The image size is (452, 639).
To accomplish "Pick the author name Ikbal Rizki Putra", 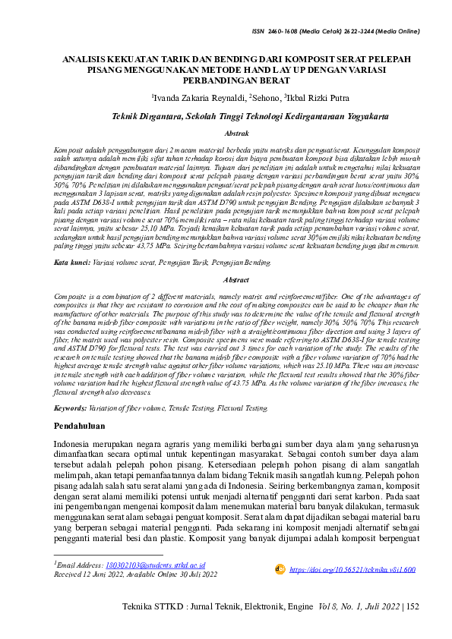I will click(319, 98).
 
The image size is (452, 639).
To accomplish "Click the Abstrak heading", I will click(226, 134).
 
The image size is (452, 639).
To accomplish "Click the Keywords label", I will click(74, 408).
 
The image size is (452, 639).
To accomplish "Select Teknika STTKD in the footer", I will click(148, 629).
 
